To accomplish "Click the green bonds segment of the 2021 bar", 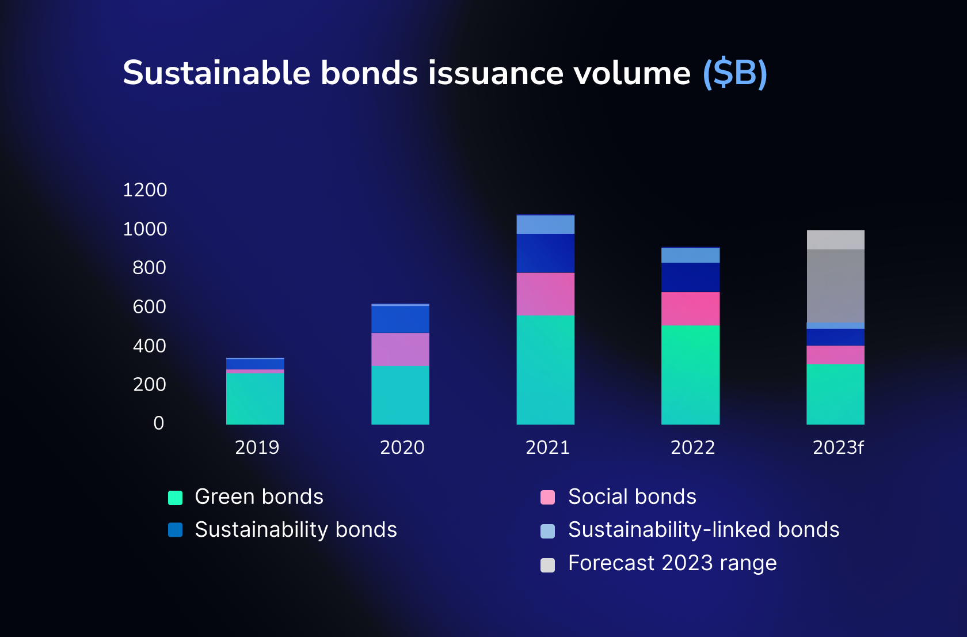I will click(x=545, y=369).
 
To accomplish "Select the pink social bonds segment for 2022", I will click(x=690, y=309).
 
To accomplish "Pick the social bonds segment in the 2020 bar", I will click(x=400, y=349).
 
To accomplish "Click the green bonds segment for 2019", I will click(x=255, y=399).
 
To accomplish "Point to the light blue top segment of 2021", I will click(x=545, y=225).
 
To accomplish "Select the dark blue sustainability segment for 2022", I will click(x=690, y=277).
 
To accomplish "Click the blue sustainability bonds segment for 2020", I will click(x=400, y=319).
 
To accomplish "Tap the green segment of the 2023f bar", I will click(x=835, y=394).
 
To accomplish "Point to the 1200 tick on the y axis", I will click(x=145, y=190).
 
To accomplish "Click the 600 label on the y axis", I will click(x=149, y=307).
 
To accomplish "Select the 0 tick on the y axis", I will click(x=159, y=423).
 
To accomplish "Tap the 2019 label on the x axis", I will click(x=257, y=448).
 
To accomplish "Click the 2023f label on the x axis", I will click(x=838, y=448).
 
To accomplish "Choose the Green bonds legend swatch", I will click(x=176, y=498).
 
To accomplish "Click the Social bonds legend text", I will click(x=632, y=496).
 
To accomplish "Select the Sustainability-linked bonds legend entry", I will click(x=703, y=530).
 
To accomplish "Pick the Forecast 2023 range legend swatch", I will click(x=548, y=565).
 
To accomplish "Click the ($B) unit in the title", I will click(x=735, y=73).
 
